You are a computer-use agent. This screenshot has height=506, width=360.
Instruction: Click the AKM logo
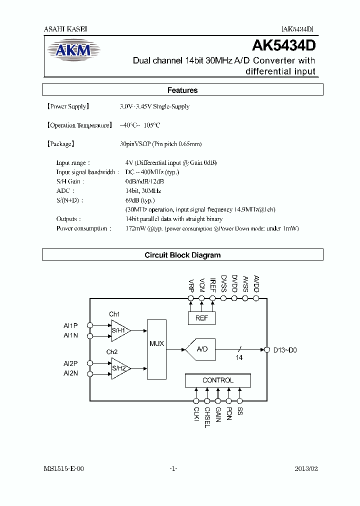point(73,50)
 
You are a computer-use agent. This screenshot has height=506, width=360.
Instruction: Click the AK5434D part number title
point(283,46)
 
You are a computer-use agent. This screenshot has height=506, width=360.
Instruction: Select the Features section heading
point(182,90)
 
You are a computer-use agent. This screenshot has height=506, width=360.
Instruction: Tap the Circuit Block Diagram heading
point(182,255)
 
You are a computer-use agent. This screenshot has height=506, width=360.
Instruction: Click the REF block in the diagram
point(201,318)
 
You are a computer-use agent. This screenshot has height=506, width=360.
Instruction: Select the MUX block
point(157,343)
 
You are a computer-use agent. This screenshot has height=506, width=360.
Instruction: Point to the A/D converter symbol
point(201,349)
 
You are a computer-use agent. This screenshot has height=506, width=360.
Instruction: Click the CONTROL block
point(217,380)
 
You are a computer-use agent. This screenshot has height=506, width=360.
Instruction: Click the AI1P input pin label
point(70,325)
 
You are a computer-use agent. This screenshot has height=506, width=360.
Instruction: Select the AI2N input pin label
point(70,373)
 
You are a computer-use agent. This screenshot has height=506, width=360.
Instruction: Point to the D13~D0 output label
point(285,350)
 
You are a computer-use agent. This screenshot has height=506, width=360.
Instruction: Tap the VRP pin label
point(190,285)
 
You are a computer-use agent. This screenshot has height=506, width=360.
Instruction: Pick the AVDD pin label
point(256,284)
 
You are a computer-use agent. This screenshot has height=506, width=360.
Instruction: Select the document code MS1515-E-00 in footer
point(61,469)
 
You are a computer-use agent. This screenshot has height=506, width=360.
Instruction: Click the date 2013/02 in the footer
point(306,469)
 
